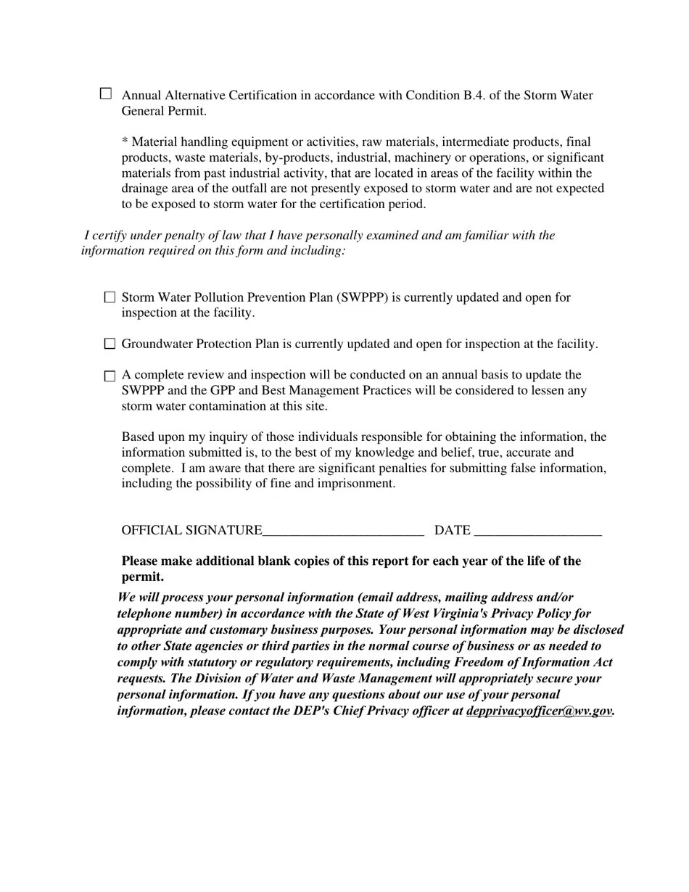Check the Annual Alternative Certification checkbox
point(106,94)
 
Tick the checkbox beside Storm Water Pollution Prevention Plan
point(110,297)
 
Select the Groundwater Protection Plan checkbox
point(110,344)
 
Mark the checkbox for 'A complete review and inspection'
point(110,376)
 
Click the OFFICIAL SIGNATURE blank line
point(342,531)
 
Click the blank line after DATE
point(537,531)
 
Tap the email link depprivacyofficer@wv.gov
point(539,711)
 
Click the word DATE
point(452,531)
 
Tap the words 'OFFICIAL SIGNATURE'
point(191,531)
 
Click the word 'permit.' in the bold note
point(142,577)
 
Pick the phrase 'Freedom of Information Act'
point(533,662)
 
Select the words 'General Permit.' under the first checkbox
point(164,111)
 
